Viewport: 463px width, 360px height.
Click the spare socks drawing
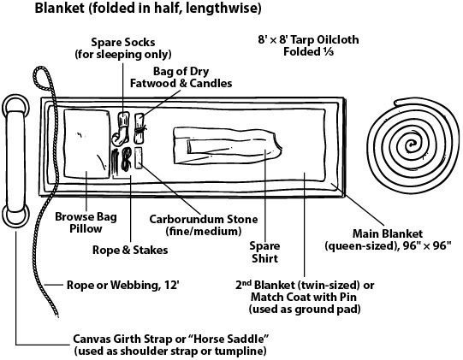[x=121, y=128]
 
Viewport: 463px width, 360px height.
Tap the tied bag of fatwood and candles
[x=139, y=128]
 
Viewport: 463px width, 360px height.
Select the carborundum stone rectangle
[x=138, y=158]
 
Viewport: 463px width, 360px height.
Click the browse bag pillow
[x=86, y=144]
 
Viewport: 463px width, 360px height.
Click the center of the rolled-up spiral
[x=411, y=145]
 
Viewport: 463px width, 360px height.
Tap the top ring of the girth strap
[x=15, y=106]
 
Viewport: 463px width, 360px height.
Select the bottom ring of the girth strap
[x=15, y=215]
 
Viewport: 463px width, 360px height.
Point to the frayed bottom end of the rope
[x=56, y=315]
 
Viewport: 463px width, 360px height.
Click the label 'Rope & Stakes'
[x=130, y=250]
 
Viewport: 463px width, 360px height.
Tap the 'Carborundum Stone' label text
[x=204, y=219]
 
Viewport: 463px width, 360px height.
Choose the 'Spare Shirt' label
[x=264, y=252]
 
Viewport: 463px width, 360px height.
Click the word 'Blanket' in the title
[x=60, y=8]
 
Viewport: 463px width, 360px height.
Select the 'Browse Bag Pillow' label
[x=86, y=222]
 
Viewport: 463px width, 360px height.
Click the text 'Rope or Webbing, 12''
[x=123, y=285]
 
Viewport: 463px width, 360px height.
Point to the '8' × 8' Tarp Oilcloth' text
[x=308, y=39]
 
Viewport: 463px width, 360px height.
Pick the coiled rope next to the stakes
[x=127, y=159]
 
